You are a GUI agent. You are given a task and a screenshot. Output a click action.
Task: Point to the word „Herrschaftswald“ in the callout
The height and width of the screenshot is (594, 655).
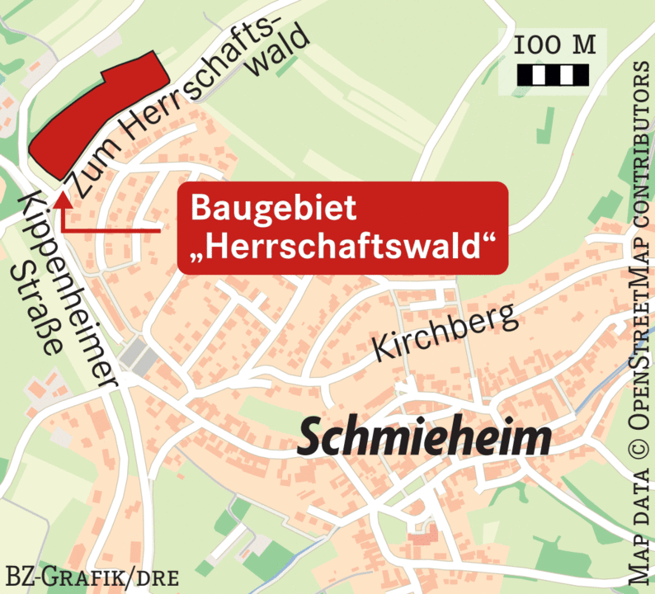click(x=342, y=246)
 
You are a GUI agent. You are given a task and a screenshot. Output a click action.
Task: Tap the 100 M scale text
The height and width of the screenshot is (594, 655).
click(x=554, y=45)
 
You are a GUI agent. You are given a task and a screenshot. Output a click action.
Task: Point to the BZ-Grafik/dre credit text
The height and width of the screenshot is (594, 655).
click(x=92, y=576)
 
